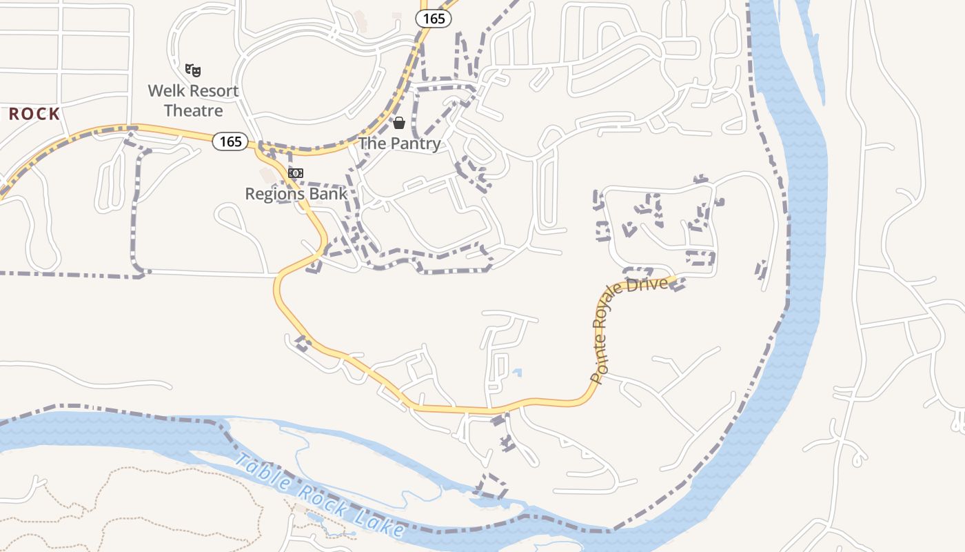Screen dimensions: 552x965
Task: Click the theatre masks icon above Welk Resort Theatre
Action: pos(194,70)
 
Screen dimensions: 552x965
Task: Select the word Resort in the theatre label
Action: pos(214,91)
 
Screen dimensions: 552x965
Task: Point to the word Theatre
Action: pos(193,110)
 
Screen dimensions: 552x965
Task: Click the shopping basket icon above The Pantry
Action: pos(398,123)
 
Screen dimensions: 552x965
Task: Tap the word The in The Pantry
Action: pos(372,144)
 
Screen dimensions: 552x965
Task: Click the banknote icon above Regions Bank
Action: pos(296,173)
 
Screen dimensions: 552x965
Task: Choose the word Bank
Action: pos(329,194)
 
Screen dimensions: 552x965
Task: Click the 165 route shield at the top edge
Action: pos(434,19)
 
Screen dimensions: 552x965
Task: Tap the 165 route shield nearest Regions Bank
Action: pos(230,141)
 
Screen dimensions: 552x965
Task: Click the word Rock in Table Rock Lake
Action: pos(314,496)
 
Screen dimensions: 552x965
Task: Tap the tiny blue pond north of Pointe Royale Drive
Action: pos(516,373)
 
